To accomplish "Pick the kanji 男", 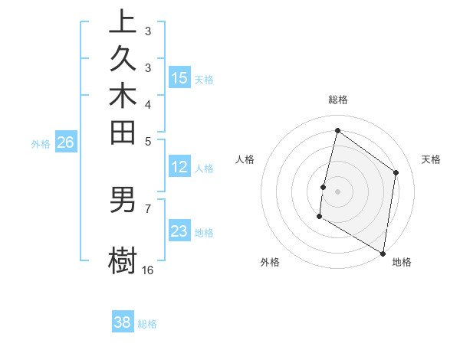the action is click(123, 200).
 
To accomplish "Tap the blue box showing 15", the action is click(179, 77).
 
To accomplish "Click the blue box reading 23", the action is click(179, 231).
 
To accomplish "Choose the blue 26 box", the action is click(66, 142).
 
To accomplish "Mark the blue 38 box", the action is click(123, 322).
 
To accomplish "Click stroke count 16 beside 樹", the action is click(148, 270).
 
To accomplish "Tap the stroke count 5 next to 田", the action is click(148, 141).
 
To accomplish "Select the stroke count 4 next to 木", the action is click(148, 104).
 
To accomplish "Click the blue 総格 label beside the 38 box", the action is click(148, 324).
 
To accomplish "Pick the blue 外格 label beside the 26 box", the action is click(41, 143).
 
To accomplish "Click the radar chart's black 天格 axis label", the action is click(431, 159).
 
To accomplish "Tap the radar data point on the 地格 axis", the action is click(383, 252).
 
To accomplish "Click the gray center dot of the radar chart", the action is click(337, 191).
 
